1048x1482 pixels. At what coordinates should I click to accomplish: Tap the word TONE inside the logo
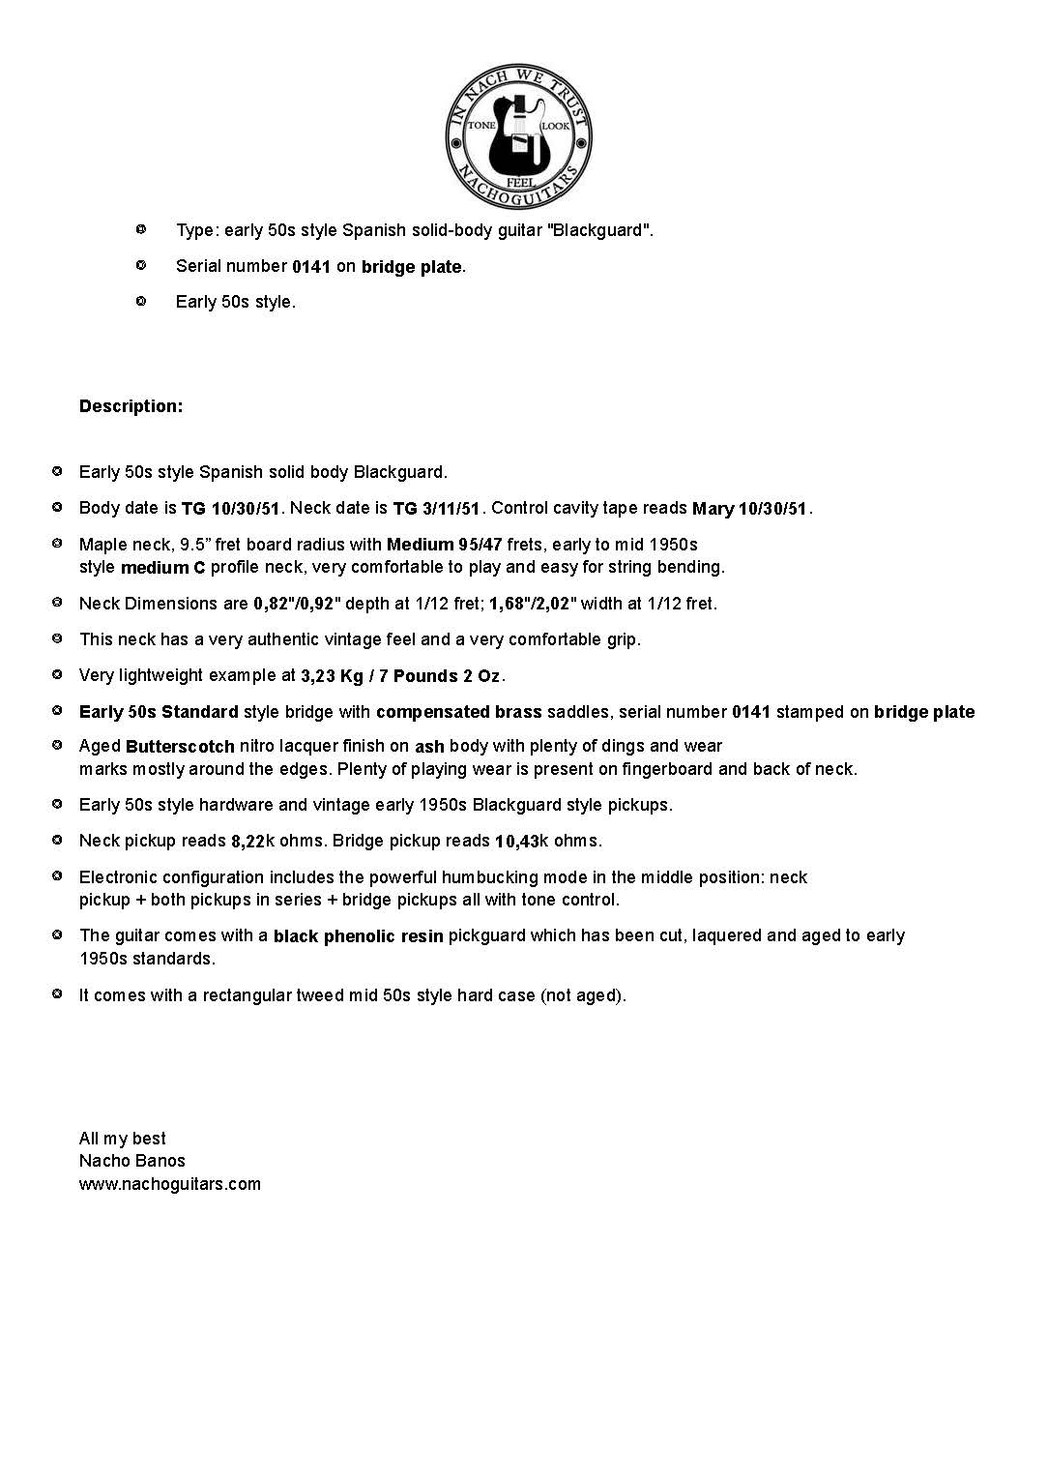[481, 127]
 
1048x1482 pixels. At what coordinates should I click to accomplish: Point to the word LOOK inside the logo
[556, 127]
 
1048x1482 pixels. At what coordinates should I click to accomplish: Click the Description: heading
[131, 406]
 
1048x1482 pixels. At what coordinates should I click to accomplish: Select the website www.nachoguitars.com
[170, 1184]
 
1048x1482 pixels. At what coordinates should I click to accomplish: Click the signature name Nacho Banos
[132, 1161]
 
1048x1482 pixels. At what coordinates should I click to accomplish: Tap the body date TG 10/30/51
[230, 509]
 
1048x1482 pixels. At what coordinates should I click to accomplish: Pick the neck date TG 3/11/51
[436, 509]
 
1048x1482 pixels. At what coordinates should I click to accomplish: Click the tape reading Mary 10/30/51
[749, 509]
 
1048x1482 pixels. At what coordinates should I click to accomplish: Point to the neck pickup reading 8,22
[247, 842]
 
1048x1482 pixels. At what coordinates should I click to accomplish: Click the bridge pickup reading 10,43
[516, 842]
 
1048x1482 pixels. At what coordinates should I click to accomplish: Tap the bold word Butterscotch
[180, 747]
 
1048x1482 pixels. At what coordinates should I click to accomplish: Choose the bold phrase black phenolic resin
[359, 936]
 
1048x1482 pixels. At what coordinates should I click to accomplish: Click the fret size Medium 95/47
[445, 545]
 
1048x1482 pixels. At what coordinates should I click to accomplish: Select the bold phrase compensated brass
[459, 713]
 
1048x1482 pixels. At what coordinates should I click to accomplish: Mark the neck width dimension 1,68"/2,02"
[533, 605]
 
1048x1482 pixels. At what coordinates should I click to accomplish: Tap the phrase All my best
[123, 1139]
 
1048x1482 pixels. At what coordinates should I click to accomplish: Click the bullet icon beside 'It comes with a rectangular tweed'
[57, 993]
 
